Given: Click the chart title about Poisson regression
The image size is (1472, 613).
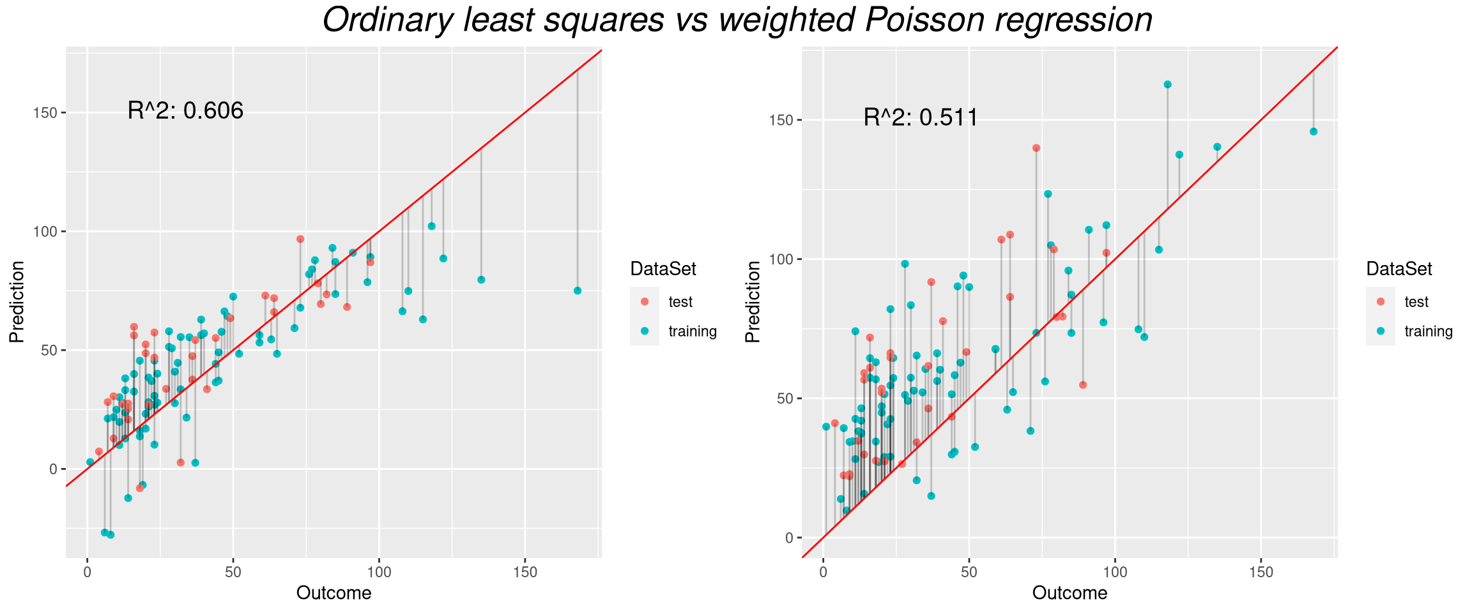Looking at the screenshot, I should point(737,20).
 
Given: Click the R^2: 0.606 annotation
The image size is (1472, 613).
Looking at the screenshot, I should point(185,111).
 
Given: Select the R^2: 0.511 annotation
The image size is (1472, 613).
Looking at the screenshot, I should point(921,117).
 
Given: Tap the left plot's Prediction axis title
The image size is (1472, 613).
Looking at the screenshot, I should point(17,302).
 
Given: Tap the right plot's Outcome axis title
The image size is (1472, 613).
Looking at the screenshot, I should point(1069,593).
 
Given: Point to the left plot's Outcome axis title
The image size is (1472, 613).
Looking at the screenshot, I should point(333,593).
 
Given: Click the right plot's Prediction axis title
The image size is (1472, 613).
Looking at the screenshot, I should point(753,302).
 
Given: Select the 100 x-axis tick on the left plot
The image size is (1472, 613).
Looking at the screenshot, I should point(379,571).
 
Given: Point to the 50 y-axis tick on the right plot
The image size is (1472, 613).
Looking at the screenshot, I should point(785,398).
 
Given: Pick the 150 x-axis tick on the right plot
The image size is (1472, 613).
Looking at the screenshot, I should point(1261,571).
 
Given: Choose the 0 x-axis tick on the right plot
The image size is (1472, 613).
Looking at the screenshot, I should point(824,571).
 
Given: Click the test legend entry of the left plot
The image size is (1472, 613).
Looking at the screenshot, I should point(680,302).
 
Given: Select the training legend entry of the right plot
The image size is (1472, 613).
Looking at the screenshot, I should point(1428,331).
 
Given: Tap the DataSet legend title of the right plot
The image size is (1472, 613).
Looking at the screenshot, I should point(1399,269).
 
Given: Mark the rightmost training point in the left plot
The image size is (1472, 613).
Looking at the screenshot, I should point(578,291).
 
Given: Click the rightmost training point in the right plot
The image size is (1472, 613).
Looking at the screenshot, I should point(1314,132).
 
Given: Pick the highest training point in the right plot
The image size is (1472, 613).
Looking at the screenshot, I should point(1167,84).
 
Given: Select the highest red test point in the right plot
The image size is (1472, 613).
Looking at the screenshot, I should point(1036,148).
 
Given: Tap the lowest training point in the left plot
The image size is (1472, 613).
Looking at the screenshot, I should point(111,534).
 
